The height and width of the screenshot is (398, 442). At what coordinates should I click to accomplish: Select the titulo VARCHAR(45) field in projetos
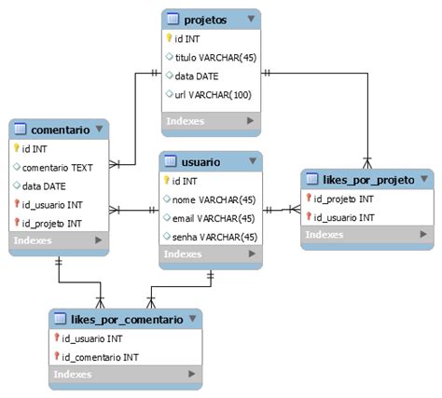(215, 57)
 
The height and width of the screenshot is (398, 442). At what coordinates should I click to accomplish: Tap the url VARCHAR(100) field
(214, 94)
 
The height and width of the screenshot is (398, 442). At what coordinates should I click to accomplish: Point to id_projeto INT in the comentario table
(52, 223)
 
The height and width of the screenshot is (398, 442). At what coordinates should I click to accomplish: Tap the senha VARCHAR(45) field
(214, 236)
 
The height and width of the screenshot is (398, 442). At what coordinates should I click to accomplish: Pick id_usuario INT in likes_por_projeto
(344, 217)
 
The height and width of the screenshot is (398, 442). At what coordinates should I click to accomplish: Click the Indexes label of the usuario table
(183, 254)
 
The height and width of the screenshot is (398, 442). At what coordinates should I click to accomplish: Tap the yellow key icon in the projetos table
(170, 38)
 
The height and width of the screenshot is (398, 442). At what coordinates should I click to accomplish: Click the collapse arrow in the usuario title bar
(250, 162)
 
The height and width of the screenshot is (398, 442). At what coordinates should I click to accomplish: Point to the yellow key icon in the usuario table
(166, 181)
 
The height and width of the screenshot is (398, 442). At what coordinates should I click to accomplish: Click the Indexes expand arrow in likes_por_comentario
(192, 375)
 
